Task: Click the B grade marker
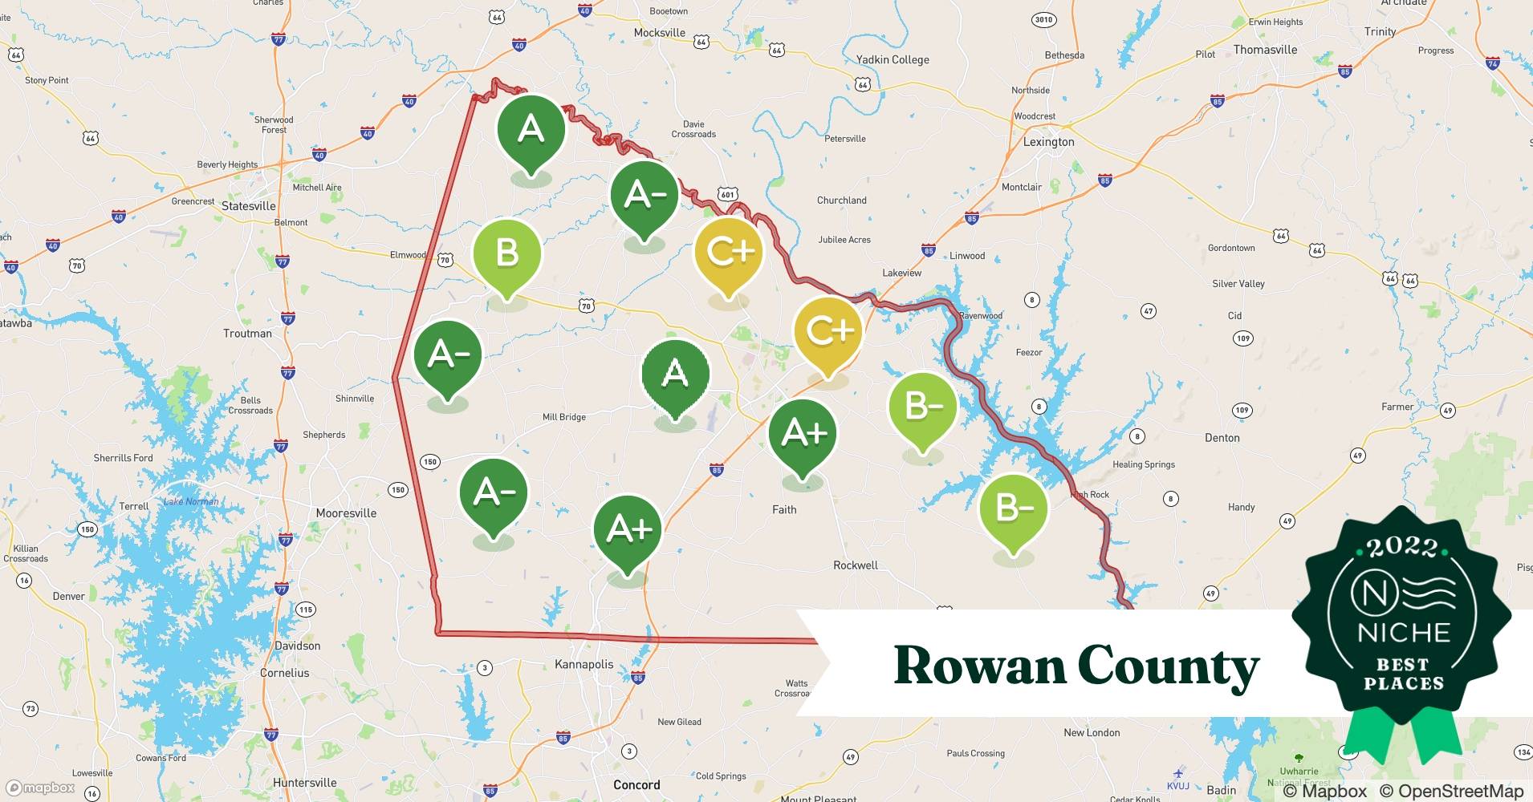pyautogui.click(x=507, y=254)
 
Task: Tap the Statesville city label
pyautogui.click(x=248, y=206)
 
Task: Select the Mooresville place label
pyautogui.click(x=346, y=513)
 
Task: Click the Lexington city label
pyautogui.click(x=1048, y=142)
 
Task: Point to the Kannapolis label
pyautogui.click(x=584, y=664)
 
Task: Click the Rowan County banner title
pyautogui.click(x=1076, y=666)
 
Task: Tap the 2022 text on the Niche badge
pyautogui.click(x=1402, y=547)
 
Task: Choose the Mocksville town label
pyautogui.click(x=659, y=33)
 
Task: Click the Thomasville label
pyautogui.click(x=1265, y=50)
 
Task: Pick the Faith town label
pyautogui.click(x=784, y=509)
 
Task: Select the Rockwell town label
pyautogui.click(x=855, y=565)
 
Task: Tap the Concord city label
pyautogui.click(x=636, y=785)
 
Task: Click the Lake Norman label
pyautogui.click(x=191, y=502)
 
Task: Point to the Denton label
pyautogui.click(x=1222, y=438)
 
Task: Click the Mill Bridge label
pyautogui.click(x=563, y=417)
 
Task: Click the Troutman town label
pyautogui.click(x=247, y=334)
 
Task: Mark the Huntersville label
pyautogui.click(x=304, y=783)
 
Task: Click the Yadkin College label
pyautogui.click(x=893, y=59)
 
